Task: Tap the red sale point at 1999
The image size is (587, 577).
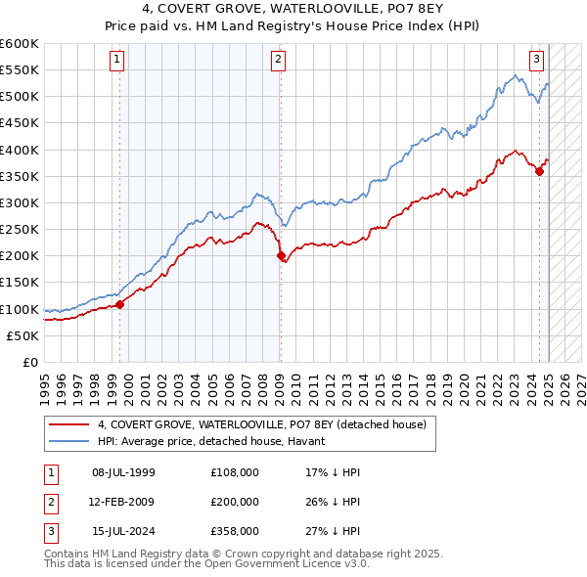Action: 120,304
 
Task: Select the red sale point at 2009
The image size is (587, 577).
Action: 281,256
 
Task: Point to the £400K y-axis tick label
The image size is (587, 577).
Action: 19,150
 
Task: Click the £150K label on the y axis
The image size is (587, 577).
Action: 19,283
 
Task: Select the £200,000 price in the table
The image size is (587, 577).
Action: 235,502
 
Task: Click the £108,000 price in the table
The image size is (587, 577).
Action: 235,472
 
